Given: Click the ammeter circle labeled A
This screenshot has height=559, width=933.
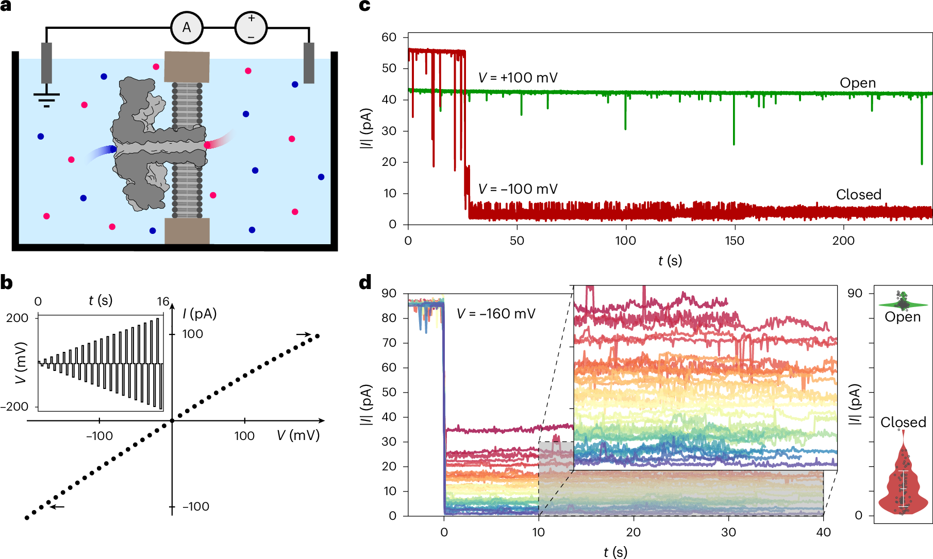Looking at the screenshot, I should point(187,28).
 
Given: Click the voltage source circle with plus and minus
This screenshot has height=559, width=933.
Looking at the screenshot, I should point(251,28).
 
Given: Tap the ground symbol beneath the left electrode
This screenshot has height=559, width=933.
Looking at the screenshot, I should point(46,97).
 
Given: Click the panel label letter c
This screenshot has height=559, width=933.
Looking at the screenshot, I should point(364,6).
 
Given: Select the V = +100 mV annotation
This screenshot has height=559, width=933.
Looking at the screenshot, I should point(518,78).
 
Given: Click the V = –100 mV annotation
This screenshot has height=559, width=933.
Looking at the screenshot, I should point(518,189).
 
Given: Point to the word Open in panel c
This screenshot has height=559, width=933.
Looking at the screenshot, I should point(857,83).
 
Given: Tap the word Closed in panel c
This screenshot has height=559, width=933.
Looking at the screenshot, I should point(858,195).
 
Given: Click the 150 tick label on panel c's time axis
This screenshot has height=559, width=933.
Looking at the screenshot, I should point(734,241).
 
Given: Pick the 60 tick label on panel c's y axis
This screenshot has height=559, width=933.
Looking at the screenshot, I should point(389,37).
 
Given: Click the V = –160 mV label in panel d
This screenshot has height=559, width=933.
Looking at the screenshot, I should point(496,314).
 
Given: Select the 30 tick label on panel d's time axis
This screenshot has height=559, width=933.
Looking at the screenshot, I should point(728,532).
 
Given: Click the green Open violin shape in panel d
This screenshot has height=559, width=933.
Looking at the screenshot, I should point(903,304).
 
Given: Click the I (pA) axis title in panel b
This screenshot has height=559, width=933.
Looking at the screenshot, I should point(199,314).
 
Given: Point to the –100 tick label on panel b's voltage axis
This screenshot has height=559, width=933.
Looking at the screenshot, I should point(99,436).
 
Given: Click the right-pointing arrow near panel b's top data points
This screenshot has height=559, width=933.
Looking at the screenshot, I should point(304,334).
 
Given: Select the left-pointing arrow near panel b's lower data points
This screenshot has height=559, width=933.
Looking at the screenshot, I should point(57,507).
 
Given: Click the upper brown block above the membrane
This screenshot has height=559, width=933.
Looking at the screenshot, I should point(187,66).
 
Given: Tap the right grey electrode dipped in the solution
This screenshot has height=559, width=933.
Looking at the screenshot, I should point(309,63).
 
